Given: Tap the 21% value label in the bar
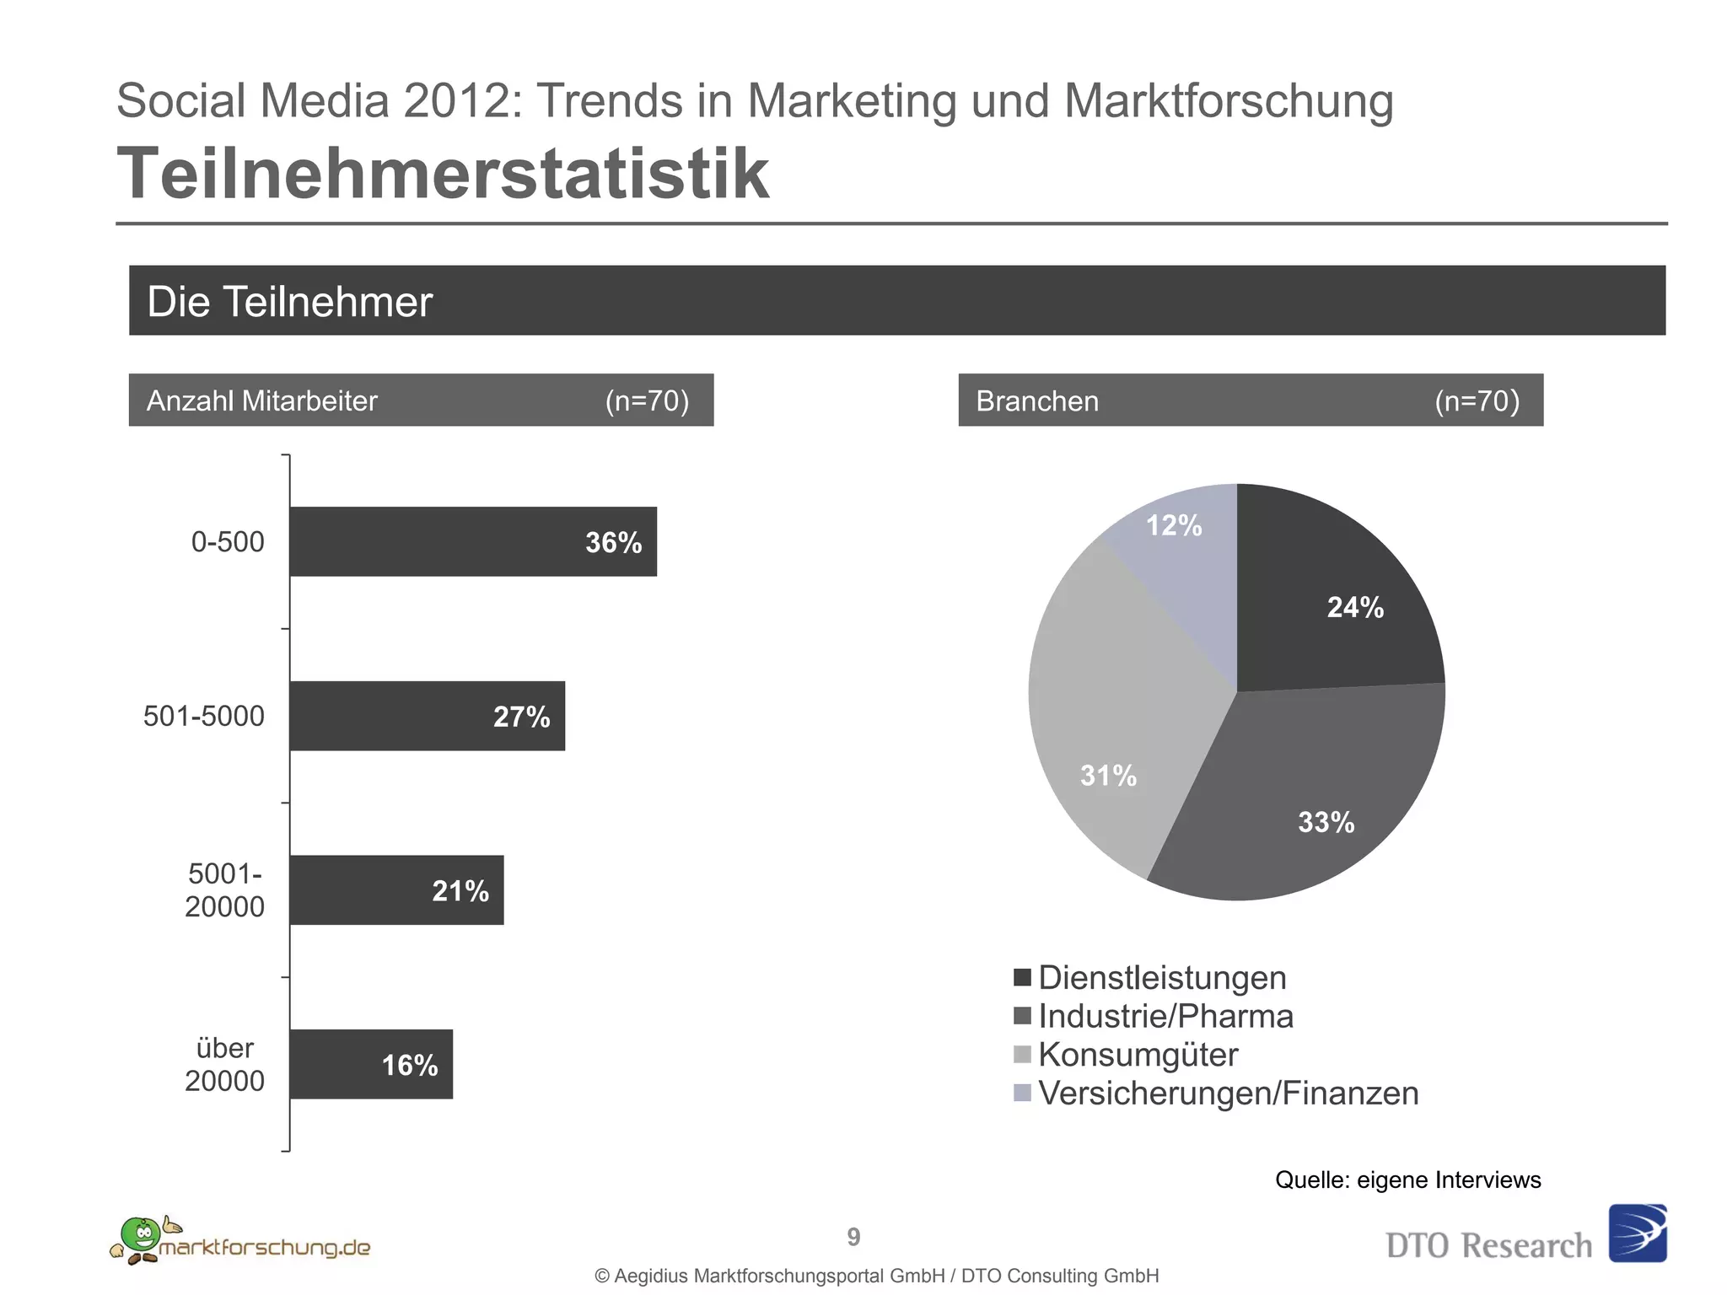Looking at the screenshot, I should point(460,891).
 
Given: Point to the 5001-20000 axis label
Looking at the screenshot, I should point(224,890).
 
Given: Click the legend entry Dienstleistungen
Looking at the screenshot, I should point(1162,978).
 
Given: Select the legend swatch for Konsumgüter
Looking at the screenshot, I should point(1023,1055).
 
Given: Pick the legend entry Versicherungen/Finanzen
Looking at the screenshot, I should point(1228,1093).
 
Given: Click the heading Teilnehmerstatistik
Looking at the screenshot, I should point(443,173).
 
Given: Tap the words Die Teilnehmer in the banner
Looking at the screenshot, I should point(289,302).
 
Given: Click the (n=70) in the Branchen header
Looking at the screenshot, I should point(1477,400).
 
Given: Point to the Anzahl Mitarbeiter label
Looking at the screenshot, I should point(261,400).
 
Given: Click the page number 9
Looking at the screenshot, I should point(853,1237).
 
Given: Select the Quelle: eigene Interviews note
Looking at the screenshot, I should point(1407,1179).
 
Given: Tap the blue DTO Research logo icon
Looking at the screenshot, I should point(1638,1233).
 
